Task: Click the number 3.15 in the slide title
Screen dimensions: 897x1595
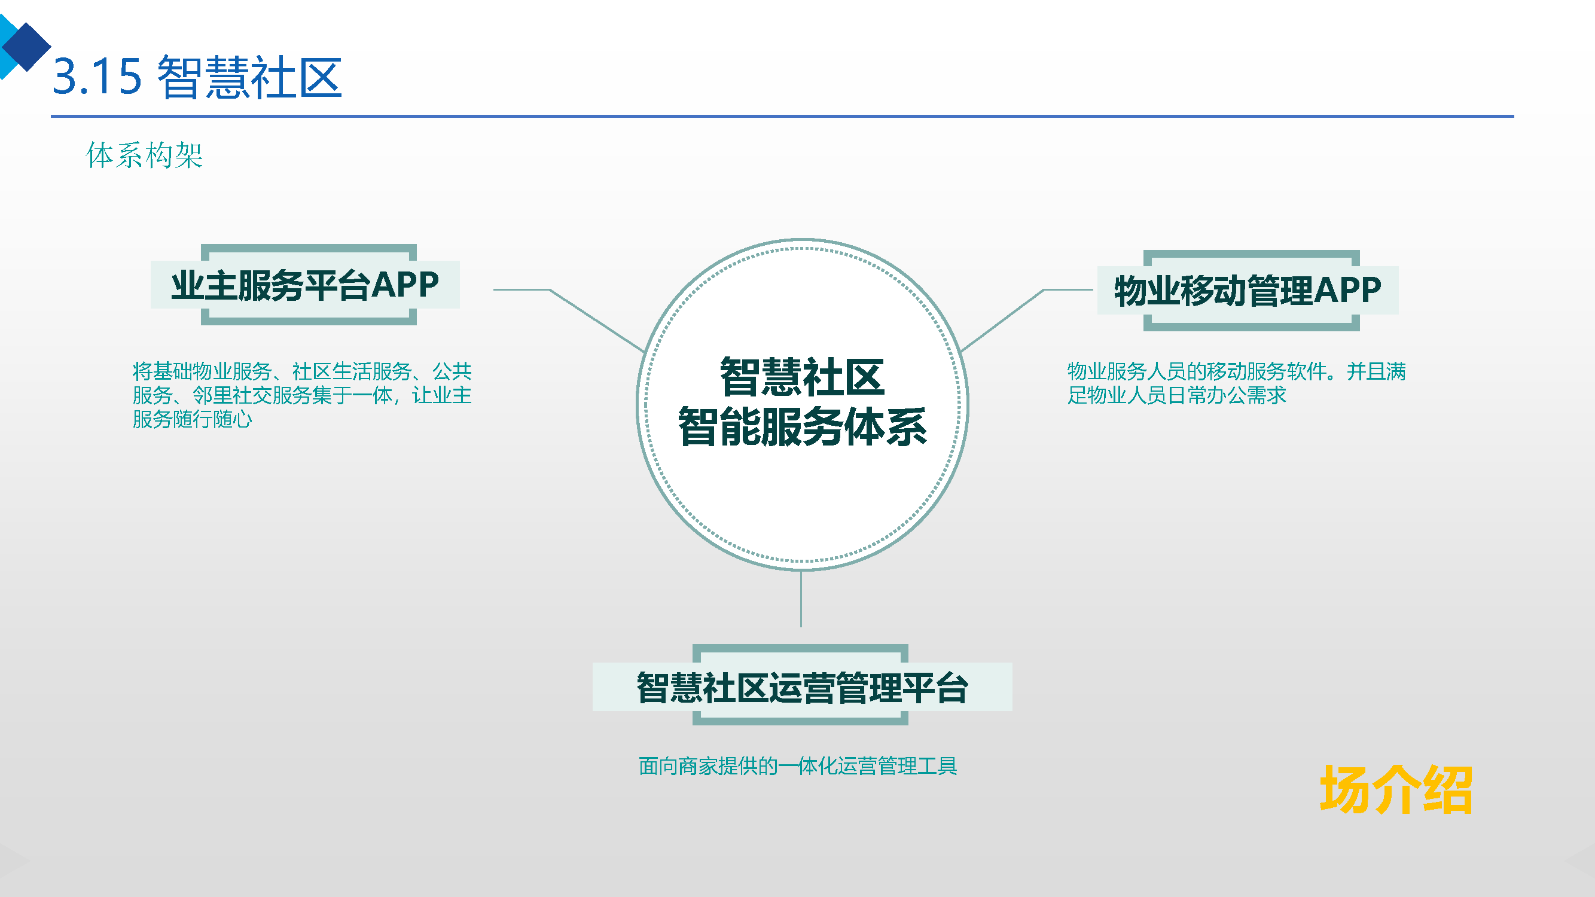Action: (x=97, y=77)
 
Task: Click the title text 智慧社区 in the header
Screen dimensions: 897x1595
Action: (x=249, y=77)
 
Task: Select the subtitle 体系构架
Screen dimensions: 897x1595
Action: (x=144, y=155)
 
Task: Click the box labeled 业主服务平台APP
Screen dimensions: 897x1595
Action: (x=304, y=285)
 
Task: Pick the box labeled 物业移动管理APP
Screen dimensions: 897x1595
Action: (x=1247, y=291)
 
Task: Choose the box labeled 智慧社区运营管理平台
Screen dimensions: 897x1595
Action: (x=802, y=687)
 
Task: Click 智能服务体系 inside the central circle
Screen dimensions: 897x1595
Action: (x=802, y=426)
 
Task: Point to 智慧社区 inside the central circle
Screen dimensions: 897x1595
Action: (x=802, y=376)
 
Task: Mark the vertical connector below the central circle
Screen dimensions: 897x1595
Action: (x=801, y=599)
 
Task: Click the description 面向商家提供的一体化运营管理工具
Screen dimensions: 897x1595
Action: (x=798, y=766)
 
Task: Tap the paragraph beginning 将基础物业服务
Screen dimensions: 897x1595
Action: (x=301, y=394)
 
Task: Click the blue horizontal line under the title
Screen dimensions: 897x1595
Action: (x=782, y=116)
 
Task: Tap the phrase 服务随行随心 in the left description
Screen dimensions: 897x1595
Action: (x=192, y=419)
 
